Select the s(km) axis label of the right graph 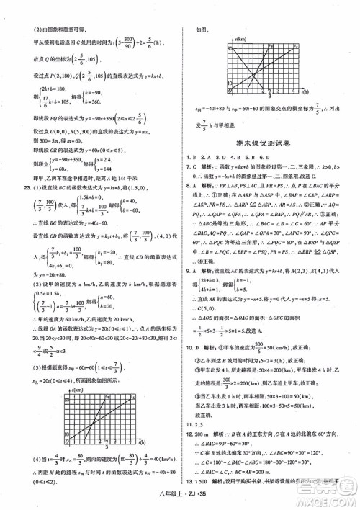click(239, 40)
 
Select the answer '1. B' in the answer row click(191, 157)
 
